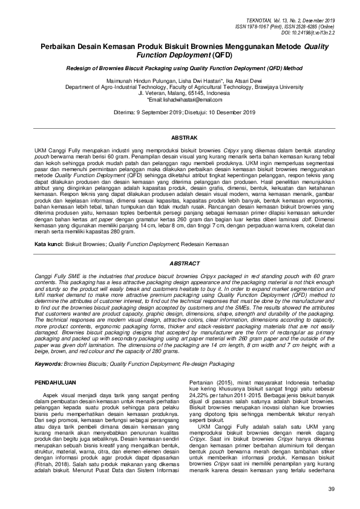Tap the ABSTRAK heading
click(180, 138)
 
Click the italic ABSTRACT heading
click(180, 264)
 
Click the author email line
click(180, 99)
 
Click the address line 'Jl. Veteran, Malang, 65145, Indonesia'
click(180, 93)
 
